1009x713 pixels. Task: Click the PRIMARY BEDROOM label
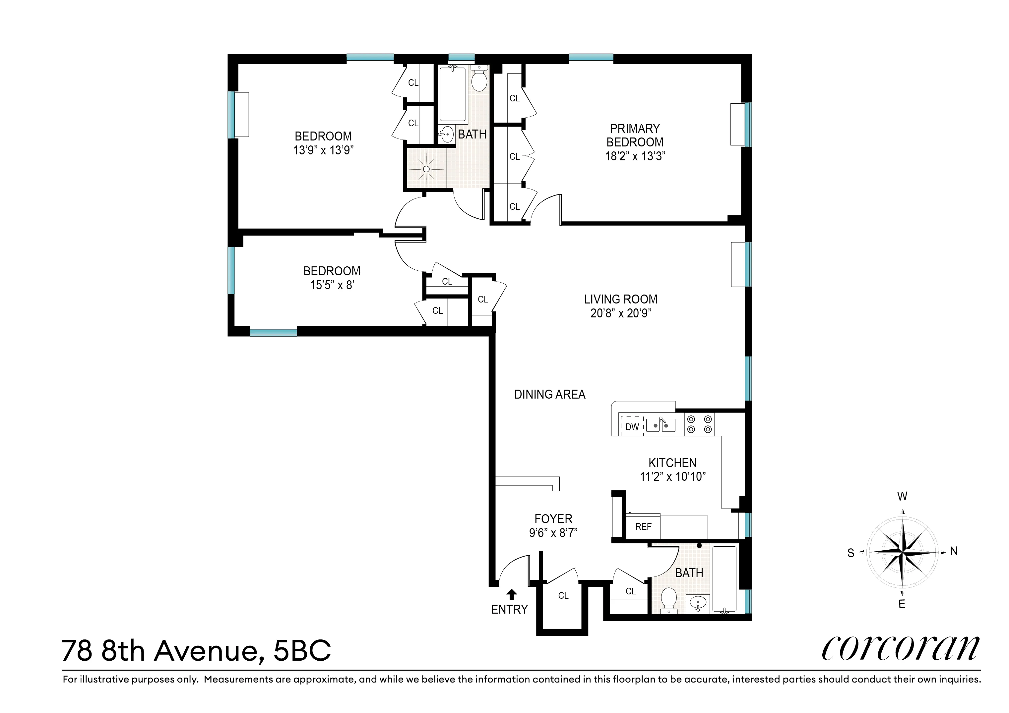[x=635, y=135]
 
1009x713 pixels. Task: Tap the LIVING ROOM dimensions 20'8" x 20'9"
[x=620, y=313]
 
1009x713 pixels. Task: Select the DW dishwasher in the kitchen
[x=632, y=427]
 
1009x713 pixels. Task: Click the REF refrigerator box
[x=643, y=526]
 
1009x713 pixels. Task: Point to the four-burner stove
[x=699, y=424]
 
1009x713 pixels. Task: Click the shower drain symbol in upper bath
[x=426, y=169]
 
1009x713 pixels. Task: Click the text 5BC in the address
[x=302, y=651]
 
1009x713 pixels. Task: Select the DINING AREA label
[x=550, y=394]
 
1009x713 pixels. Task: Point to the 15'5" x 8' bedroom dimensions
[x=332, y=285]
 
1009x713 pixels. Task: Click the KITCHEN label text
[x=672, y=463]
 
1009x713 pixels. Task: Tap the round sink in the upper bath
[x=447, y=134]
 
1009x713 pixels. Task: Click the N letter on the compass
[x=954, y=551]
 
